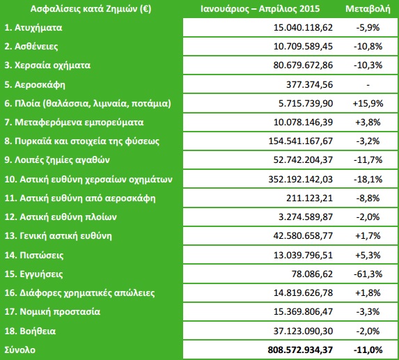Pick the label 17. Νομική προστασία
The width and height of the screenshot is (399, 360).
point(53,311)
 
